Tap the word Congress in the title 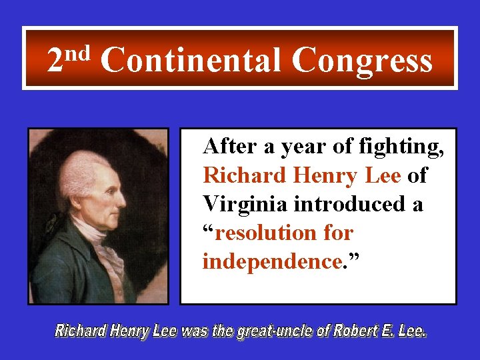pyautogui.click(x=362, y=62)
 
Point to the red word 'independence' pyautogui.click(x=271, y=262)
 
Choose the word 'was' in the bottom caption pyautogui.click(x=193, y=331)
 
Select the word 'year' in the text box pyautogui.click(x=299, y=147)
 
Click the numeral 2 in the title pyautogui.click(x=55, y=62)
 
